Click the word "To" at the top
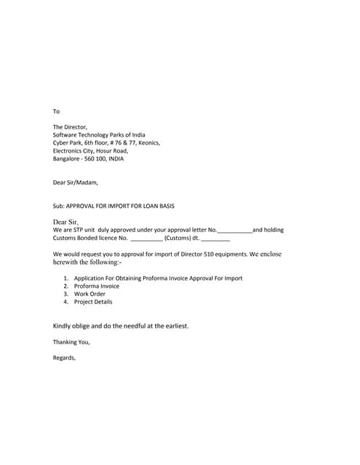[56, 111]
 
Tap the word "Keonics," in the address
[147, 143]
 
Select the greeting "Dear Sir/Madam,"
[75, 182]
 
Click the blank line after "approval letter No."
[234, 230]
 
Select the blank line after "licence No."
[146, 238]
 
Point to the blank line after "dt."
[215, 238]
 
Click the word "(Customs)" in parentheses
[177, 238]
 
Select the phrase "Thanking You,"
[71, 341]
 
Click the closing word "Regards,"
[64, 357]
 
